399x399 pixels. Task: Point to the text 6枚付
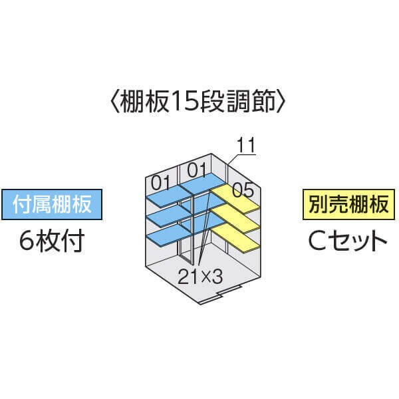point(52,241)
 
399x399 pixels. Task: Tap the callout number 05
point(243,190)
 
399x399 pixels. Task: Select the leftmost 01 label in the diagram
point(161,182)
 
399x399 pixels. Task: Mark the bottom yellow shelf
point(236,237)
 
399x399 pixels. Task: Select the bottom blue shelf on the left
point(166,235)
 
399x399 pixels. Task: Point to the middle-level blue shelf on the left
point(166,217)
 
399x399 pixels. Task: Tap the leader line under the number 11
point(242,155)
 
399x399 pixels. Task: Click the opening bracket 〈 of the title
point(113,102)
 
